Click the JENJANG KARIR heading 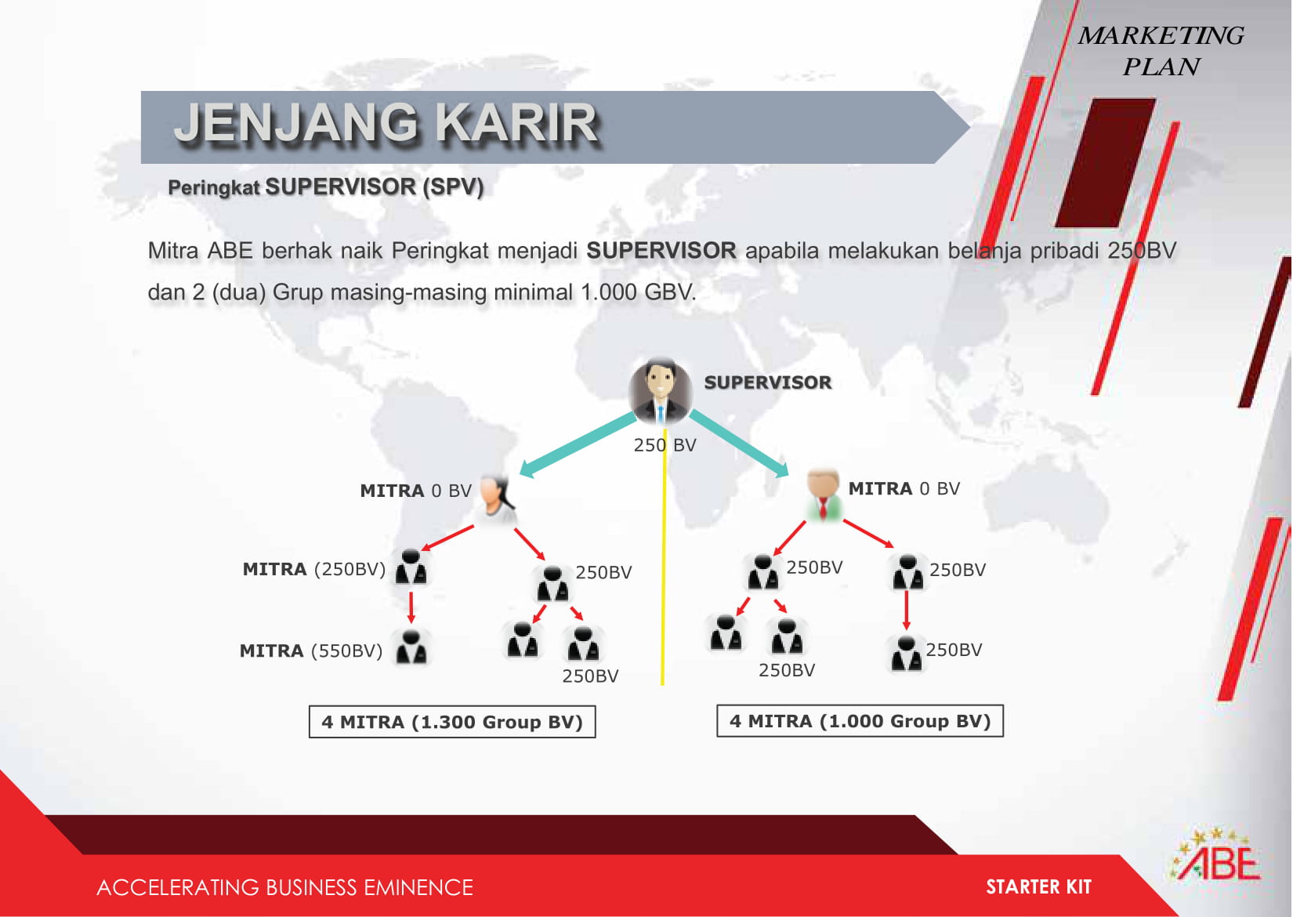point(386,122)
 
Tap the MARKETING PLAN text point(1161,51)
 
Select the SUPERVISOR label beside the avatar point(768,382)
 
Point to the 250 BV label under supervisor point(665,445)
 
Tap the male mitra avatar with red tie point(823,495)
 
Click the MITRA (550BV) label point(311,651)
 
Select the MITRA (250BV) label point(314,569)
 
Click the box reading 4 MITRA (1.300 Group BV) point(452,722)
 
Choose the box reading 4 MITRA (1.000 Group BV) point(860,720)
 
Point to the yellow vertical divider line point(664,554)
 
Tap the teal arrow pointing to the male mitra point(740,444)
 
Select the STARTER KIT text point(1038,887)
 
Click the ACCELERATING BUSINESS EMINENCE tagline point(285,887)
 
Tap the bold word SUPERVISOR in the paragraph point(661,251)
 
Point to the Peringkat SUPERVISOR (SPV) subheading point(325,187)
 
